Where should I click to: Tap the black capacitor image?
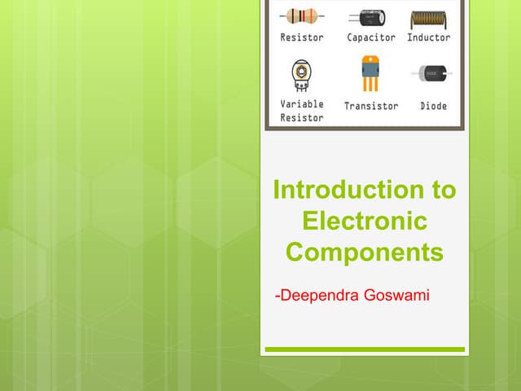(370, 17)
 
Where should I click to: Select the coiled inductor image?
(428, 17)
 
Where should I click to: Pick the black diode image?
(433, 74)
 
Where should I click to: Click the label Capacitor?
(371, 37)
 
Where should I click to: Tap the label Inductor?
(429, 37)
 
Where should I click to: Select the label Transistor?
(371, 106)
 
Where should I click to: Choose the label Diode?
(433, 106)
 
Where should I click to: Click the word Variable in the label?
(302, 104)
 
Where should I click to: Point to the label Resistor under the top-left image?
(302, 37)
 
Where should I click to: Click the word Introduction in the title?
(341, 191)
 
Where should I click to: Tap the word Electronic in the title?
(364, 222)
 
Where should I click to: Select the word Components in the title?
(364, 253)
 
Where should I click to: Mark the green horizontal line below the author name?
(365, 349)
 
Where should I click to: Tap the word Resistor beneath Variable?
(302, 117)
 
